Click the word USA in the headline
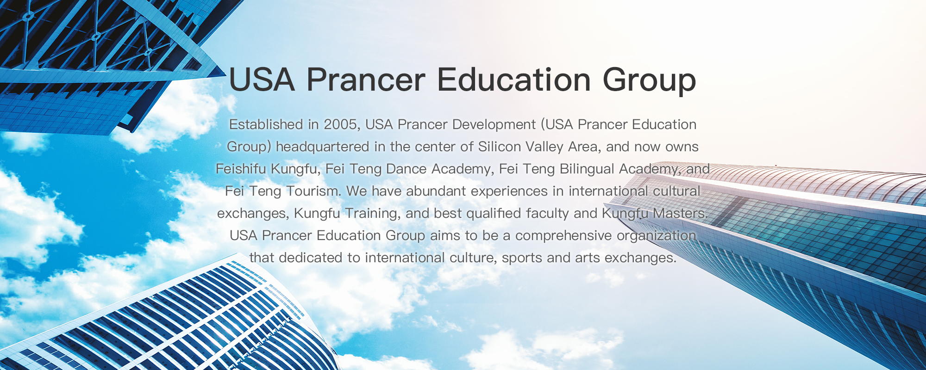(x=262, y=80)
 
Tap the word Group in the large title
(x=649, y=81)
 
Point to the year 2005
(x=340, y=124)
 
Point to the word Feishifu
(x=241, y=169)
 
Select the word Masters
(x=680, y=213)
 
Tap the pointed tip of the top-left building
(x=225, y=77)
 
